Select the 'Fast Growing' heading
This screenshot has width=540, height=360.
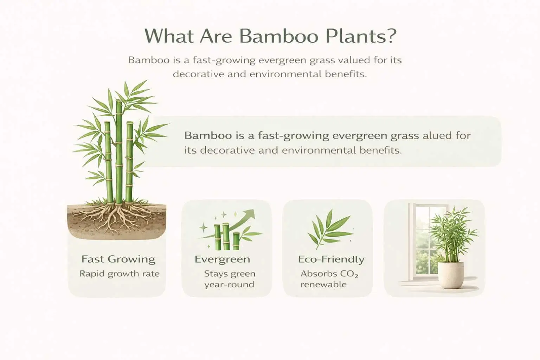118,259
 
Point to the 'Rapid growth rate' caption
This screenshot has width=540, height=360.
120,274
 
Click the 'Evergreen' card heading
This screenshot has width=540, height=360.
222,259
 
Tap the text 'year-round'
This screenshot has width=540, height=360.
229,284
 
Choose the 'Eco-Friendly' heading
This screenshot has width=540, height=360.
331,259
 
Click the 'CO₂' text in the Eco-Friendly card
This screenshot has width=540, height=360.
349,274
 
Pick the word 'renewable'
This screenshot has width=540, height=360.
323,284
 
